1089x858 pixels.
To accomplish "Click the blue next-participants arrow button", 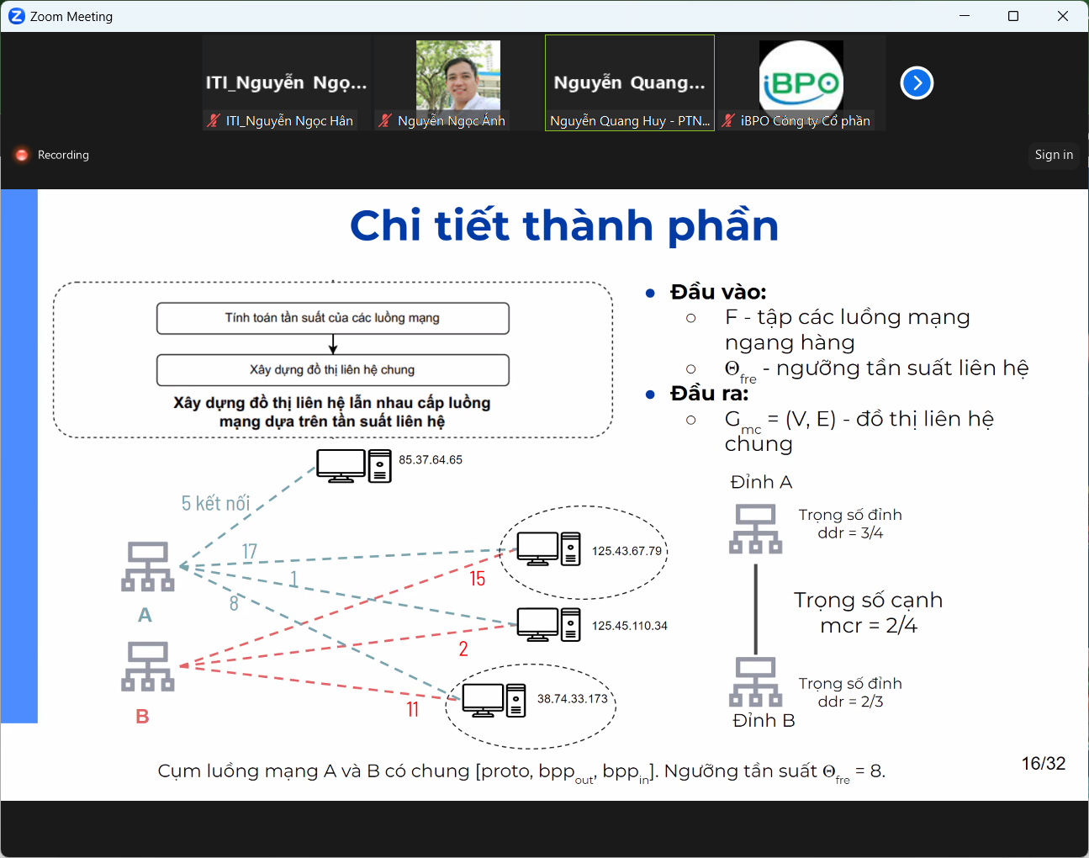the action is point(917,83).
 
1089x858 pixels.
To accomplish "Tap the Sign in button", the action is point(1054,155).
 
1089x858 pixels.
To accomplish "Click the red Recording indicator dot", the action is point(22,155).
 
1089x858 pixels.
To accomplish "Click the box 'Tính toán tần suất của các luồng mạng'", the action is point(332,319).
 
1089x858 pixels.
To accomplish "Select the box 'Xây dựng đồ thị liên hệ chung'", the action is point(332,370).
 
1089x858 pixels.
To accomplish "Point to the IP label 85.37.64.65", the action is point(431,459).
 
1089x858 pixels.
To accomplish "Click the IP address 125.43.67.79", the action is point(626,551).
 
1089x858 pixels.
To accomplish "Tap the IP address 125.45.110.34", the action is point(630,626).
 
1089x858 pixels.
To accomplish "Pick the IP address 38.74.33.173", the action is point(573,698).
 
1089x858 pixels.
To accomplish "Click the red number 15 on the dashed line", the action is point(477,579).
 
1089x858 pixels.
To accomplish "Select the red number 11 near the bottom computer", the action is point(412,709).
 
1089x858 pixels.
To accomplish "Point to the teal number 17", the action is point(249,551).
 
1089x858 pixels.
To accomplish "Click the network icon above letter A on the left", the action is point(148,566).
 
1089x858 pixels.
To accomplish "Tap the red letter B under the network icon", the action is point(142,717).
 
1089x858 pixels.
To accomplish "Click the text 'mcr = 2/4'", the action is point(869,626).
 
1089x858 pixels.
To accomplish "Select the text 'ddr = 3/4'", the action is point(850,533).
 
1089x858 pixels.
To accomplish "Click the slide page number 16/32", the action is point(1044,763).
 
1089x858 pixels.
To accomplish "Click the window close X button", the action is point(1063,16).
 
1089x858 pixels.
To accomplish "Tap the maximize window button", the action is point(1013,16).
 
